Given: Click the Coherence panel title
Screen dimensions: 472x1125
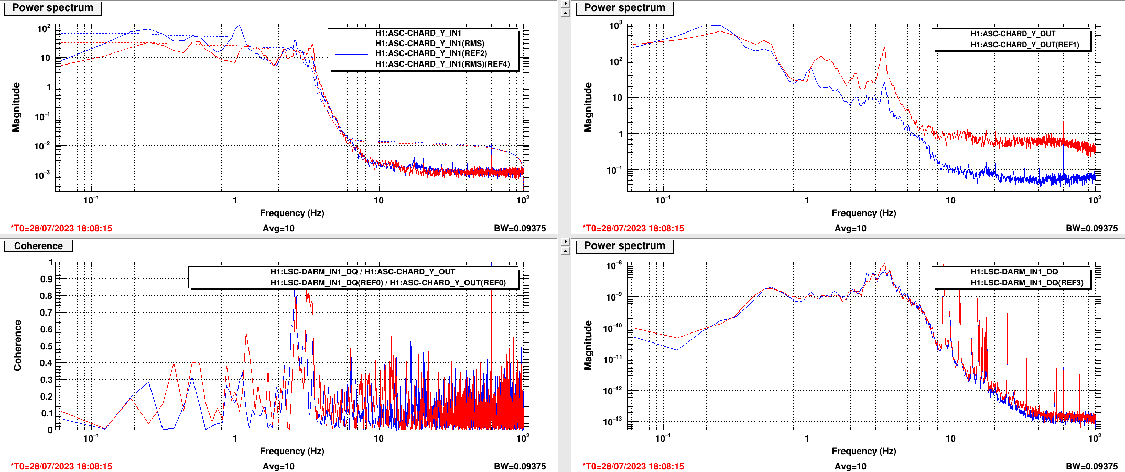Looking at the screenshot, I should pyautogui.click(x=38, y=246).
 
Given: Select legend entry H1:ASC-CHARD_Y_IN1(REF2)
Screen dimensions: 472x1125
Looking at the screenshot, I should pyautogui.click(x=431, y=53).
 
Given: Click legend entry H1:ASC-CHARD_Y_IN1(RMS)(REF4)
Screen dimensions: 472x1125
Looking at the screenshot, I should pyautogui.click(x=442, y=64).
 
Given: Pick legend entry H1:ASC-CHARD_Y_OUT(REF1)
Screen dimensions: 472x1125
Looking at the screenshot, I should pyautogui.click(x=1024, y=45).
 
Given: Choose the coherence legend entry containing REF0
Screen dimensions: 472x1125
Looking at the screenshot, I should pyautogui.click(x=388, y=283).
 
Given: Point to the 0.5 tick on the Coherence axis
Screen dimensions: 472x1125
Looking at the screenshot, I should pyautogui.click(x=47, y=346).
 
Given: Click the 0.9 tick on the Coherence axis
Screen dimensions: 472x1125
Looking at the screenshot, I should pyautogui.click(x=47, y=279).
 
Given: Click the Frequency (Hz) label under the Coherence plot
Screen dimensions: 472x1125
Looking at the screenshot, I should pyautogui.click(x=292, y=451).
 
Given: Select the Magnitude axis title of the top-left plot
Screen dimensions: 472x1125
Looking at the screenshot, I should pyautogui.click(x=16, y=107).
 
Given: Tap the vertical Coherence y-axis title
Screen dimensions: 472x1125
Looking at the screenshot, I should pyautogui.click(x=18, y=346).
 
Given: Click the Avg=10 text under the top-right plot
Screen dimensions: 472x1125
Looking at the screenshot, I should pyautogui.click(x=850, y=228).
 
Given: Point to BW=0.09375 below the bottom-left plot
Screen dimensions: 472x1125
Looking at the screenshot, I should pyautogui.click(x=520, y=466).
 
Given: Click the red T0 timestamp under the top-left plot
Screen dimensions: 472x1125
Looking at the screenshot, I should pyautogui.click(x=61, y=228).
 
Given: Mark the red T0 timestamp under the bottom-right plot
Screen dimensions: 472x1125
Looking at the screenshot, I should pyautogui.click(x=633, y=466).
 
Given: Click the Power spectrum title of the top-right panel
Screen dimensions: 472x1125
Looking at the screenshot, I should pyautogui.click(x=624, y=8).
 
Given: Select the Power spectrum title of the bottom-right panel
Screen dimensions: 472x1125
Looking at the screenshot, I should pyautogui.click(x=624, y=246).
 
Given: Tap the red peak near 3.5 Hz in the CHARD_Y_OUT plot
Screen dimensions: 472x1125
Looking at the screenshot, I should pyautogui.click(x=884, y=48).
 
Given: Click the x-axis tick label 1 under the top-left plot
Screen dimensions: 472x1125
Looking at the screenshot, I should pyautogui.click(x=235, y=200).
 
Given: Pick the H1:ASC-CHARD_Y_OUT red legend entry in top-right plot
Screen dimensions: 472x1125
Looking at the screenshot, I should pyautogui.click(x=1013, y=34).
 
